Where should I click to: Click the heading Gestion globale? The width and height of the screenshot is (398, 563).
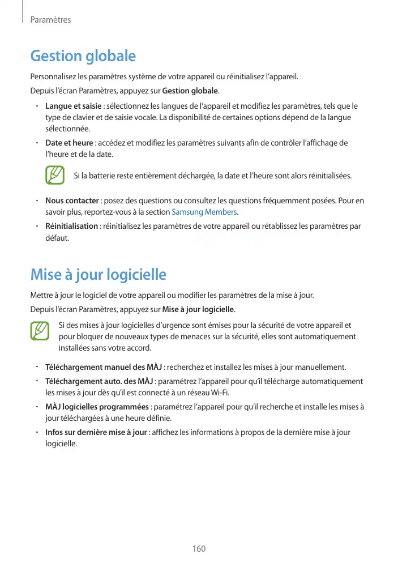pyautogui.click(x=83, y=56)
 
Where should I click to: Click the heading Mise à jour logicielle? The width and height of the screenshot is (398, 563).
pyautogui.click(x=98, y=275)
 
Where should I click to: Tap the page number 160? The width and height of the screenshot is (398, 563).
pyautogui.click(x=199, y=549)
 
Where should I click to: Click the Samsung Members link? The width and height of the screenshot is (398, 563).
pyautogui.click(x=204, y=212)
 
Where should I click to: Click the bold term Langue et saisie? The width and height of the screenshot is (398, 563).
pyautogui.click(x=73, y=106)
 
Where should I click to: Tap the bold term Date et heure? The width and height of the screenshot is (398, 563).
pyautogui.click(x=69, y=143)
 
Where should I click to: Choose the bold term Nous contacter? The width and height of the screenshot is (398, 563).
pyautogui.click(x=72, y=201)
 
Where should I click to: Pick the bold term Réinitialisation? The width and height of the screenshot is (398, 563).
pyautogui.click(x=71, y=227)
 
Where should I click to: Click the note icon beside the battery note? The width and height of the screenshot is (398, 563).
pyautogui.click(x=54, y=176)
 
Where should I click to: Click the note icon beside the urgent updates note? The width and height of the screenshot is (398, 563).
pyautogui.click(x=40, y=331)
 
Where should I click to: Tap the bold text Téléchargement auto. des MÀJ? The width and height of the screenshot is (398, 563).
pyautogui.click(x=99, y=381)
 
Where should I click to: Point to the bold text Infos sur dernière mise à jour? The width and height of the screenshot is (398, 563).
pyautogui.click(x=96, y=433)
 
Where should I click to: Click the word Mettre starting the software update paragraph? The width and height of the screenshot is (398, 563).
pyautogui.click(x=42, y=295)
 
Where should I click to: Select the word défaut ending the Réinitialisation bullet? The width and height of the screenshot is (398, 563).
pyautogui.click(x=57, y=238)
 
